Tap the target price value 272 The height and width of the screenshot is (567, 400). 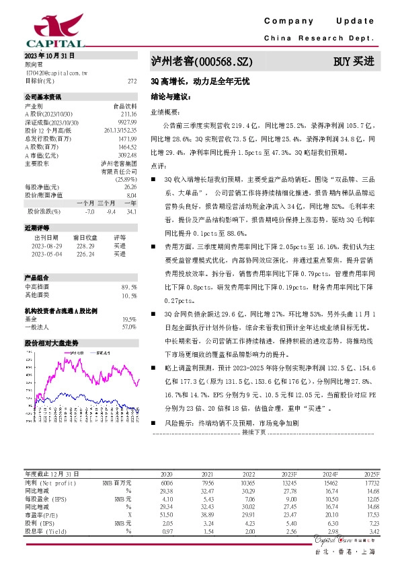132,80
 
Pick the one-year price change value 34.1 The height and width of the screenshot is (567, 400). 131,211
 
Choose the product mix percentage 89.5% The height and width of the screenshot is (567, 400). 129,268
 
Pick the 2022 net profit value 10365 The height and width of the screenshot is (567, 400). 247,464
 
